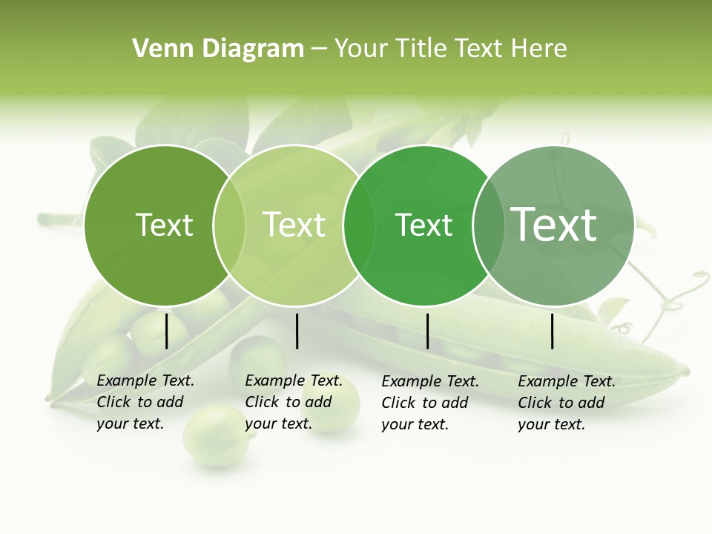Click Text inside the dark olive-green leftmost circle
[x=164, y=225]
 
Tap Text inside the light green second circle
[x=294, y=225]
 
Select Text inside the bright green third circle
[x=423, y=225]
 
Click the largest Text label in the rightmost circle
[x=554, y=225]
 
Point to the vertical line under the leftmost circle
[x=166, y=331]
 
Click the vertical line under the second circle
[x=297, y=331]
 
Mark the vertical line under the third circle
[x=427, y=331]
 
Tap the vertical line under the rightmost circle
[x=553, y=331]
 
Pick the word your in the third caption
[x=396, y=424]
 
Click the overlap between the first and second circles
[x=229, y=225]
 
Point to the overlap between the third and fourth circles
[x=489, y=225]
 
